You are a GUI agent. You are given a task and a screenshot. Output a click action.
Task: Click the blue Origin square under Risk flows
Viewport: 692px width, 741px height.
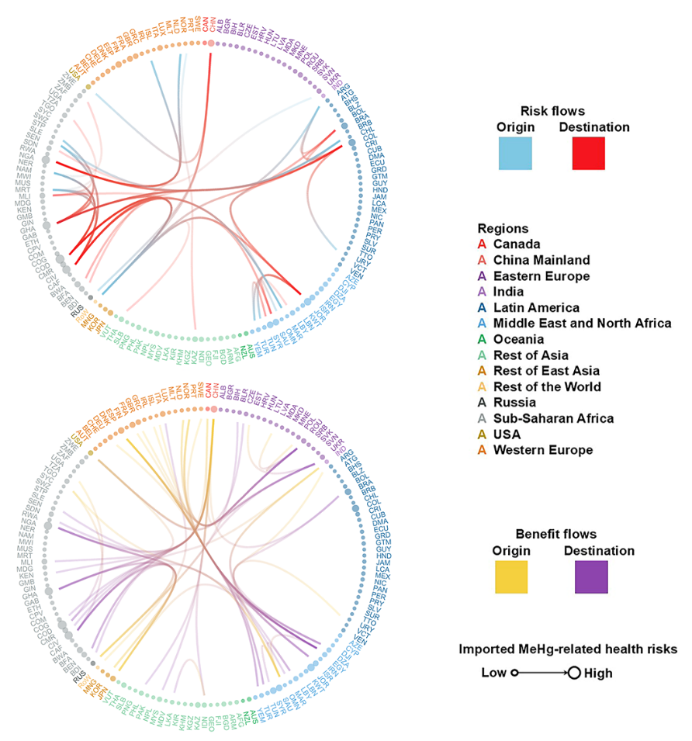coord(515,153)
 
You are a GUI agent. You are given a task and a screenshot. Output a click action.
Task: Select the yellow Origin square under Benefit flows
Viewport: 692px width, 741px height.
coord(511,577)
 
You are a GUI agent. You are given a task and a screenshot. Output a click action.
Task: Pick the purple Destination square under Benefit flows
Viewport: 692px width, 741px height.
coord(591,577)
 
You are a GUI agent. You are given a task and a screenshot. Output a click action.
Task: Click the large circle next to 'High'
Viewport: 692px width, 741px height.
coord(574,673)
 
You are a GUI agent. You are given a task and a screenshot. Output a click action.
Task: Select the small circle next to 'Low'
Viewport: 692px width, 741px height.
coord(514,673)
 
